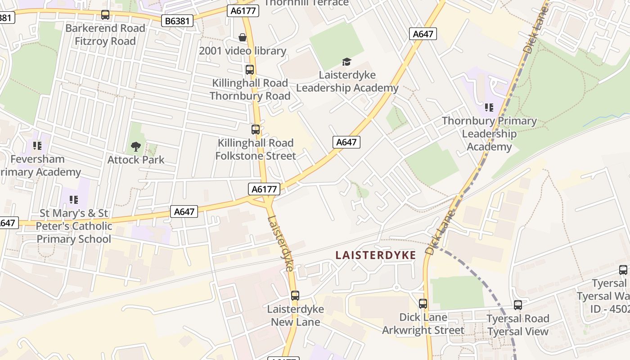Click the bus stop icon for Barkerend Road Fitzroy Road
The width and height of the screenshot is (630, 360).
[105, 15]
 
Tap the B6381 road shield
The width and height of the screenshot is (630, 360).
[178, 20]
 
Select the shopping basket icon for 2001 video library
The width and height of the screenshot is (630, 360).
[243, 37]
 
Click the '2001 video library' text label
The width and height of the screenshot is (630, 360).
[243, 50]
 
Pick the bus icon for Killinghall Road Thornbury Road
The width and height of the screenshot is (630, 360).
[250, 70]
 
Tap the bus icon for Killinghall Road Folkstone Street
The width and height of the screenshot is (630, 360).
[256, 130]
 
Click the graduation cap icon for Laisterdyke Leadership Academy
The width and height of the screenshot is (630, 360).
[346, 62]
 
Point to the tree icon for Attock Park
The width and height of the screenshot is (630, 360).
[135, 146]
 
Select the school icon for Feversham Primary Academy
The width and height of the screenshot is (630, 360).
[37, 146]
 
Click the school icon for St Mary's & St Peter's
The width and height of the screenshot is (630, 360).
[74, 199]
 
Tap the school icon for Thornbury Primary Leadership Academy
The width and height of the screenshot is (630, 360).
[489, 108]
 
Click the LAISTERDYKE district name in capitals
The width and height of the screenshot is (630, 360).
[376, 255]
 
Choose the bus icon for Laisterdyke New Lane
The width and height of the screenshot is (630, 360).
[295, 296]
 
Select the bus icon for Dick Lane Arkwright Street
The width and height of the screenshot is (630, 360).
[423, 304]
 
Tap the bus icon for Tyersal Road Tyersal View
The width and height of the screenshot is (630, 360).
[518, 305]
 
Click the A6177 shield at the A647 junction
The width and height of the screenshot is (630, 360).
[264, 189]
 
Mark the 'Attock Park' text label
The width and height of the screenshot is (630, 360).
[136, 160]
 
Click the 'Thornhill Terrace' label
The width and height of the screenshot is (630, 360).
[306, 3]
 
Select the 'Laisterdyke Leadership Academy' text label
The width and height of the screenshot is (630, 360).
[347, 81]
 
